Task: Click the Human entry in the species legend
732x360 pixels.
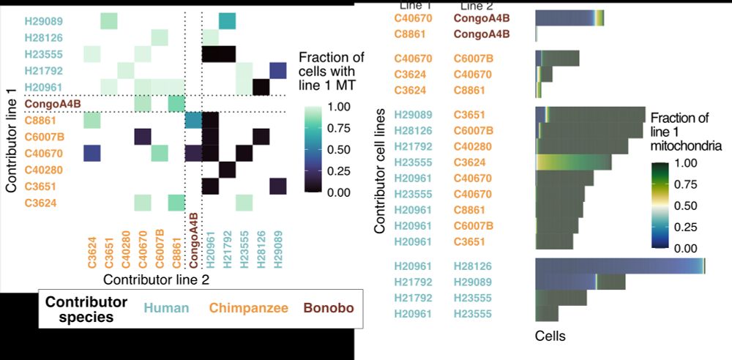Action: tap(166, 309)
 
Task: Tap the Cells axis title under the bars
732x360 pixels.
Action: tap(550, 337)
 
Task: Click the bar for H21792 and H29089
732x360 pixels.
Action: tap(580, 282)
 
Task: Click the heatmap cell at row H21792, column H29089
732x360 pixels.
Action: tap(277, 70)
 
